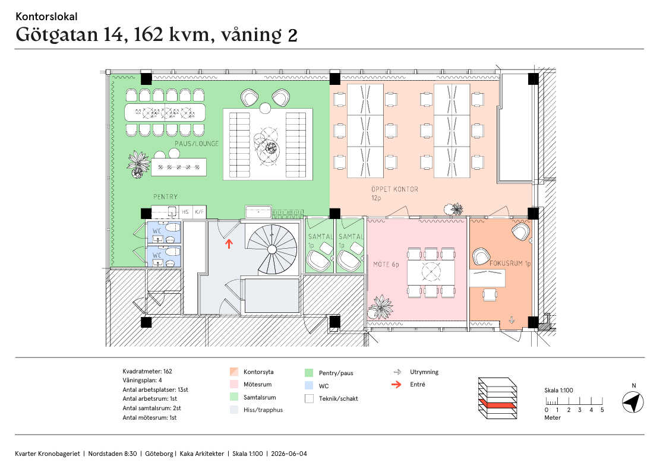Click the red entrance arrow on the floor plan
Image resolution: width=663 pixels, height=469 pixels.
[x=229, y=244]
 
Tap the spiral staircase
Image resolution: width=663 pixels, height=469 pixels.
[x=272, y=249]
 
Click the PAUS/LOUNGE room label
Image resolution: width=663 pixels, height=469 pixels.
[x=197, y=144]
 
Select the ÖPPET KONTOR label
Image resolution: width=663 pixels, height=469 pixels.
[x=394, y=189]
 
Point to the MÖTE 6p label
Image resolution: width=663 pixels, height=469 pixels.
[x=386, y=265]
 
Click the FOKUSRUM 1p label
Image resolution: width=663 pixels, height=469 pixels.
[x=510, y=263]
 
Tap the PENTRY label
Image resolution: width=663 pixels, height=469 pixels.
[x=165, y=197]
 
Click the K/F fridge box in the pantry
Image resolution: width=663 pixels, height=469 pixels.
[x=199, y=212]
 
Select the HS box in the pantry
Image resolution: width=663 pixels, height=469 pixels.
[x=185, y=212]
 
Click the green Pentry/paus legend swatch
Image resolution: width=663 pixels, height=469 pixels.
[x=309, y=373]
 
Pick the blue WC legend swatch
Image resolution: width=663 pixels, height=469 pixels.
[x=309, y=386]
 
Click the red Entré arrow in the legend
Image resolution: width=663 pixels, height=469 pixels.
[x=396, y=385]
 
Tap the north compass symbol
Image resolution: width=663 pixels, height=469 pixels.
[x=633, y=403]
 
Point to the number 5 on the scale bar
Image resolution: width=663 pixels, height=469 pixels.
[x=602, y=410]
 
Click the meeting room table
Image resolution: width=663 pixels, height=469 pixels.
[x=431, y=272]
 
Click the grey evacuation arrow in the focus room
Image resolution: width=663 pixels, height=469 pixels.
[x=512, y=320]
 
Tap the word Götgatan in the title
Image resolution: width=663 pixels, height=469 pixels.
[x=57, y=35]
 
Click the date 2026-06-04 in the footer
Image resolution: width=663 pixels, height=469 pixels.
[x=289, y=454]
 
